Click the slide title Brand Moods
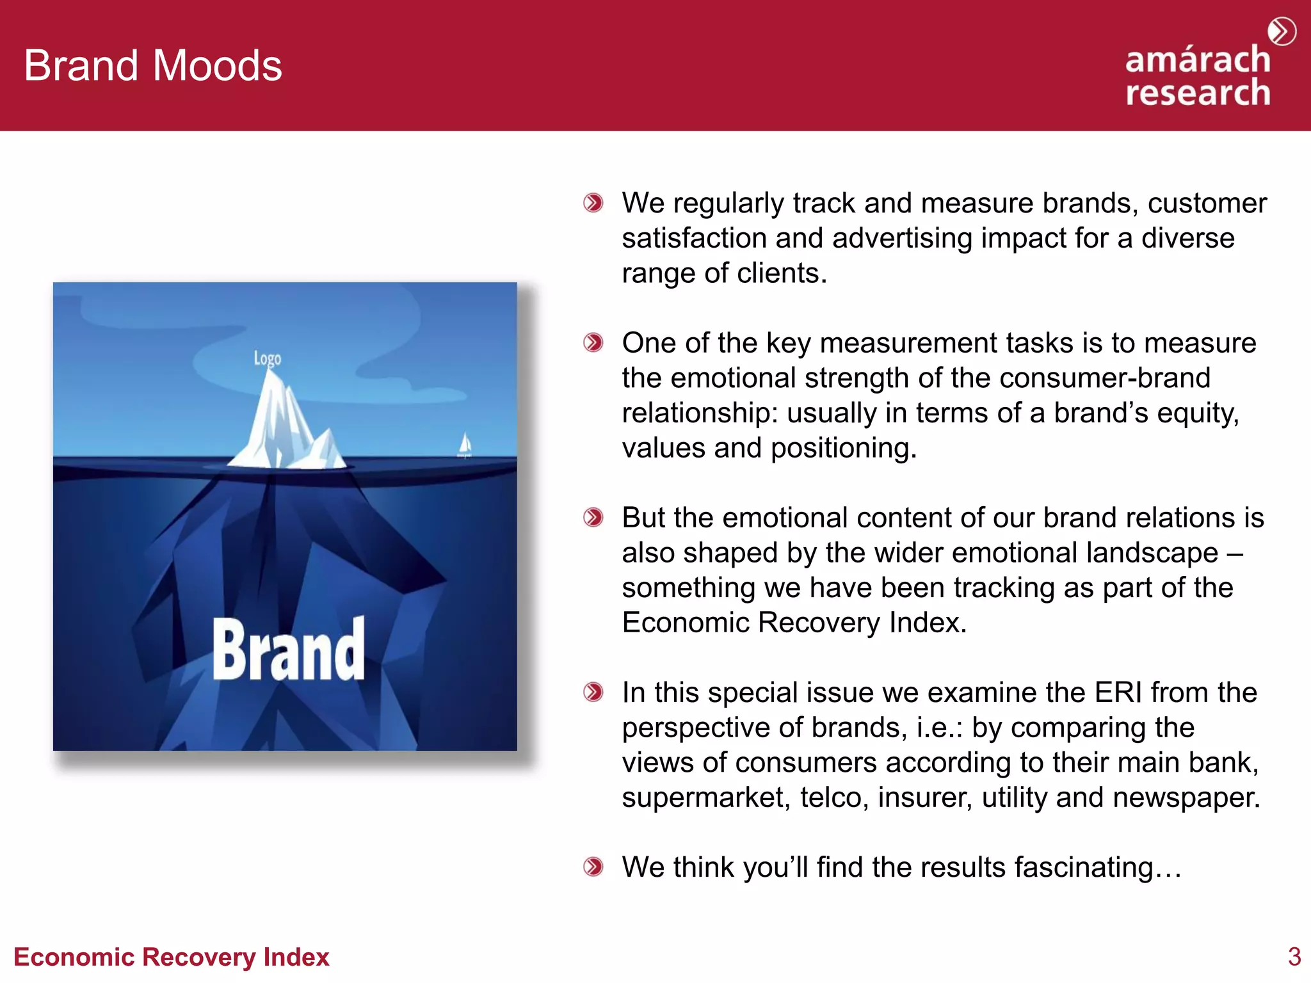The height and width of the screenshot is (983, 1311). coord(152,65)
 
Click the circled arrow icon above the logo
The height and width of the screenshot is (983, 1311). coord(1282,31)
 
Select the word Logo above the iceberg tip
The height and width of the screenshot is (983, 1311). coord(267,358)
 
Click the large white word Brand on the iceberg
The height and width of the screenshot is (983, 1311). coord(288,650)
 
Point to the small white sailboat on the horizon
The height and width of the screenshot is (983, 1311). coord(465,445)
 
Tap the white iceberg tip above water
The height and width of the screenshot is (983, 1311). coord(282,422)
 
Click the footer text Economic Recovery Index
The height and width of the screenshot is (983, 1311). coord(171,957)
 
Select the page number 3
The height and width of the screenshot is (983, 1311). coord(1294,957)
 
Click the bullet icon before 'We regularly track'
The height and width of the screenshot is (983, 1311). coord(593,204)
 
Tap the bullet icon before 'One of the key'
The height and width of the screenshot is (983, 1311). coord(593,343)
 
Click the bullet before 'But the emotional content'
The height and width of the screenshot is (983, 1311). coord(593,518)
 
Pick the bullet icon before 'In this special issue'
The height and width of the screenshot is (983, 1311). coord(593,692)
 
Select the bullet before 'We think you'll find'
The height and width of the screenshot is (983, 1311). coord(593,867)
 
